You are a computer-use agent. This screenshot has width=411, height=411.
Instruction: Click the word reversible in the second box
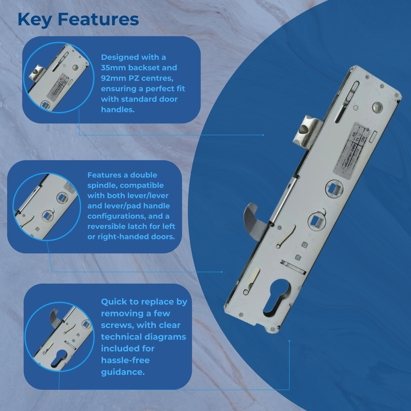pyautogui.click(x=111, y=226)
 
